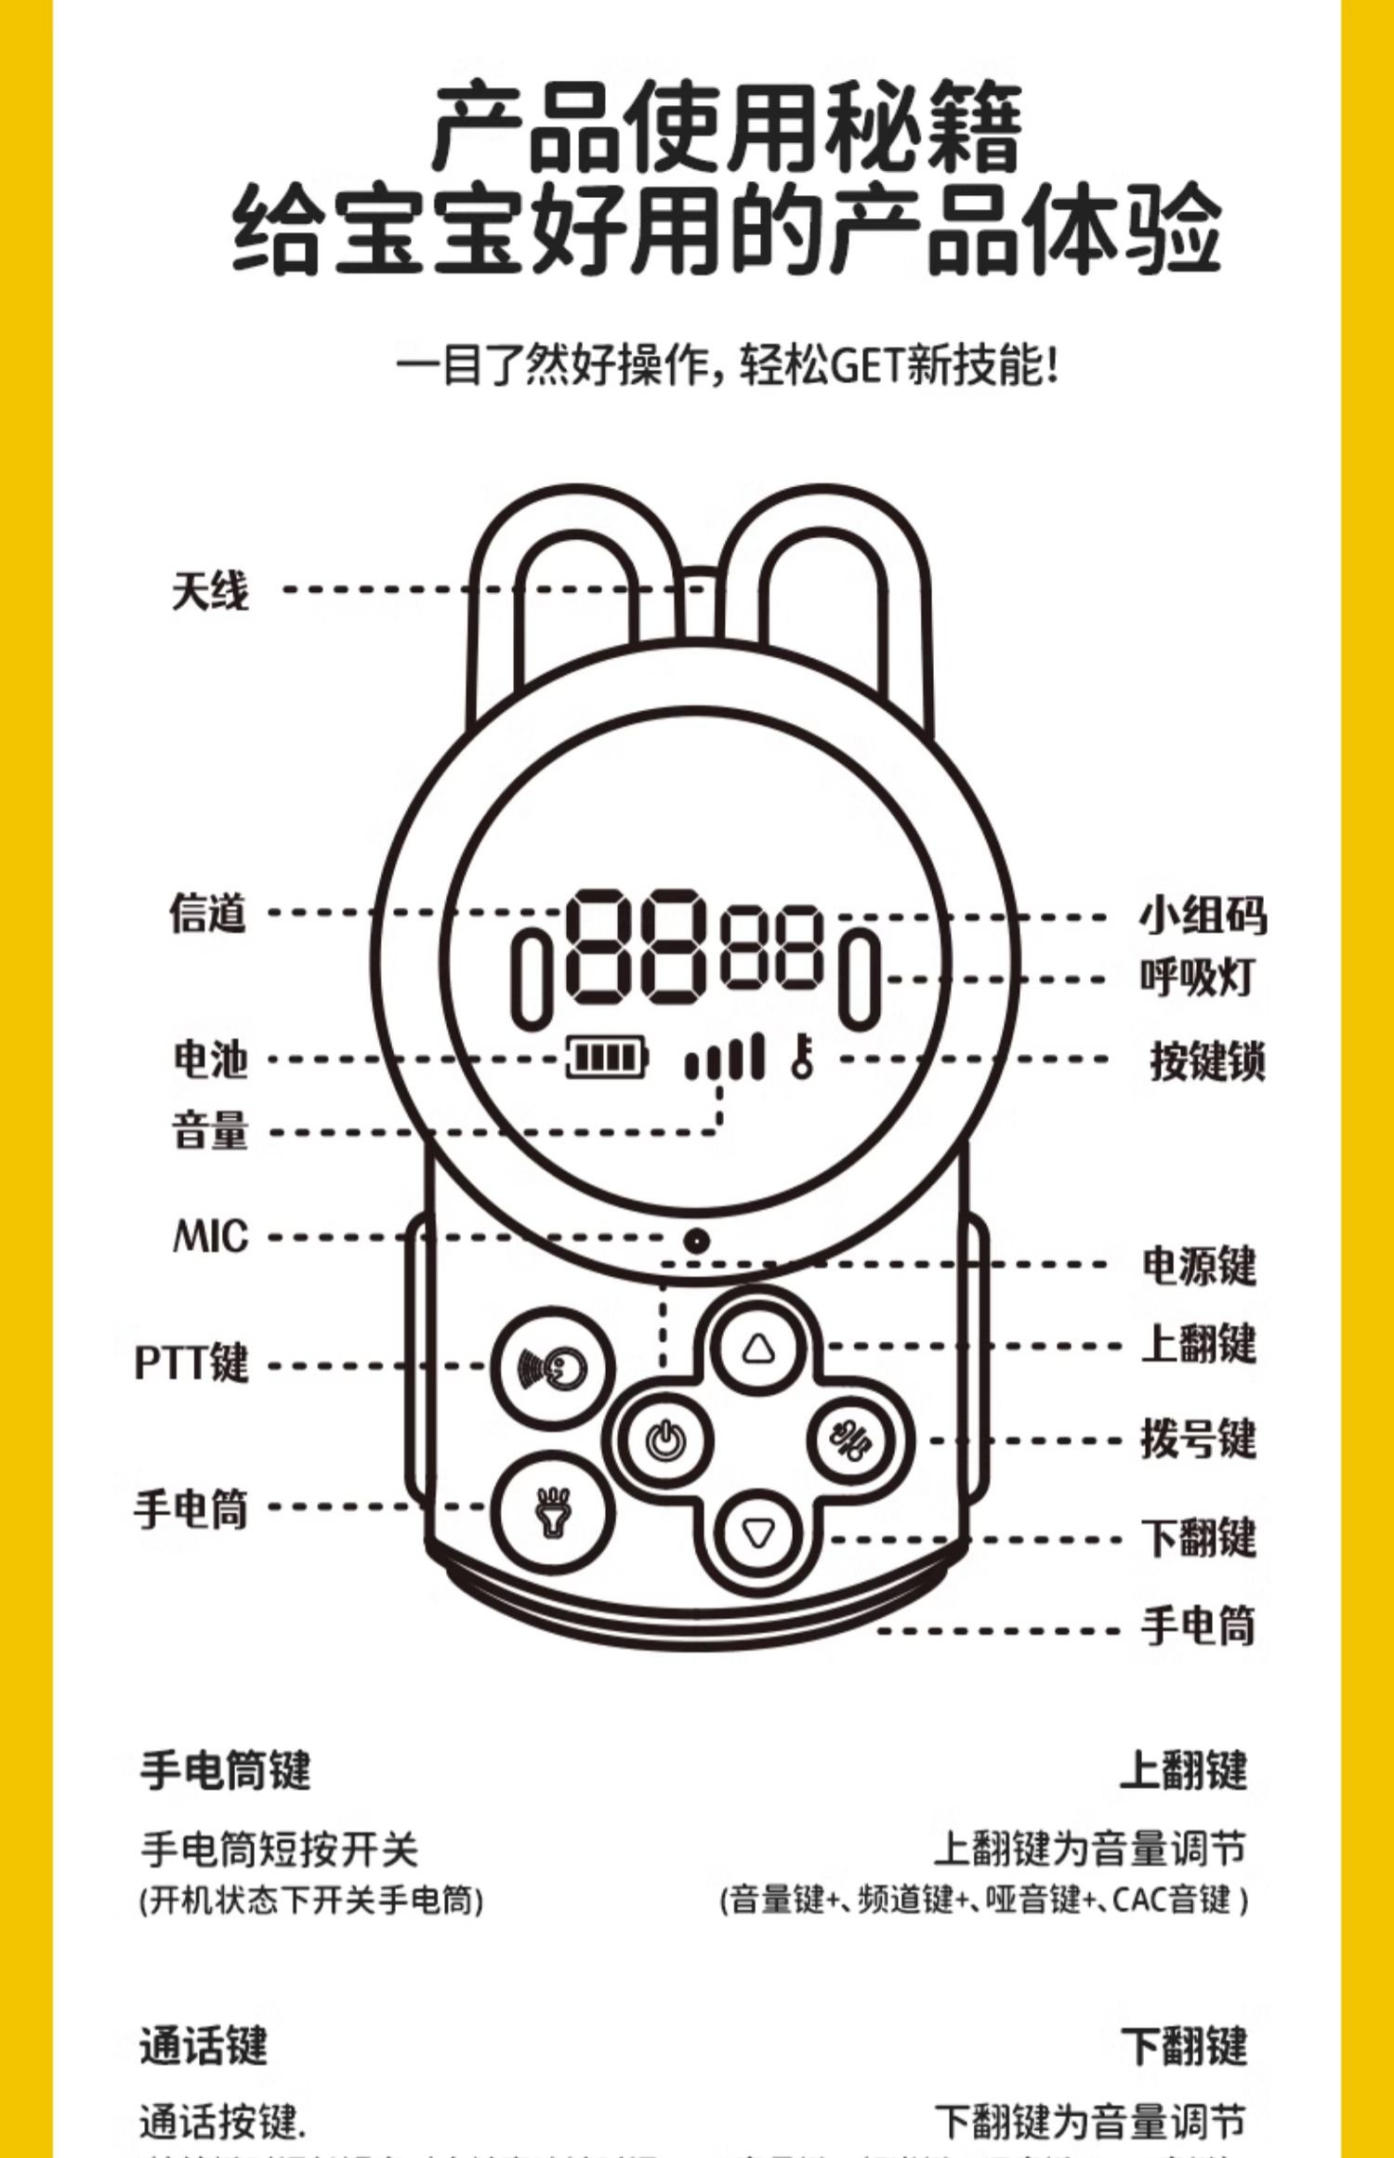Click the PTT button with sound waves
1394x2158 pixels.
(552, 1367)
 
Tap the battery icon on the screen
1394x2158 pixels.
(607, 1058)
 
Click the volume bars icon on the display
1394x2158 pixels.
(724, 1058)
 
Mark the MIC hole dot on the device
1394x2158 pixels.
(696, 1240)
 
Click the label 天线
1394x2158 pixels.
(210, 591)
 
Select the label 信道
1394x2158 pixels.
(208, 913)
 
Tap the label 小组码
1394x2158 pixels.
(1203, 915)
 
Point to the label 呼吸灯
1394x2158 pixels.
(1197, 978)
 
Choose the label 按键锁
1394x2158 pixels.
(1206, 1060)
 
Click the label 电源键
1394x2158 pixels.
(1199, 1266)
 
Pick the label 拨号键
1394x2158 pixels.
(1199, 1439)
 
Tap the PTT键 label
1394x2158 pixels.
(191, 1363)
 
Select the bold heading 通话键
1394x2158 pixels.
(204, 2046)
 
